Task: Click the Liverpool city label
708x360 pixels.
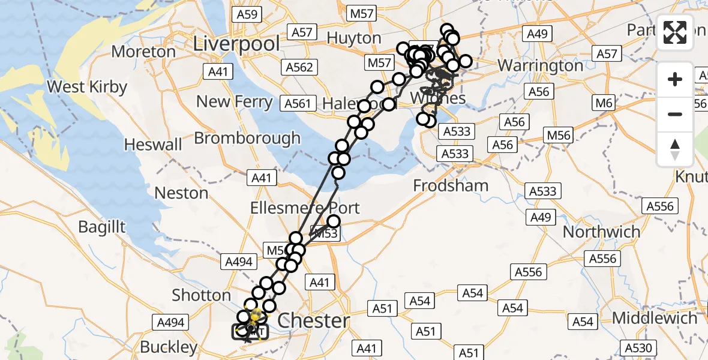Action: [236, 44]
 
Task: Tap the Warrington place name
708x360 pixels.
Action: [540, 65]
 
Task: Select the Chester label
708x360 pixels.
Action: [314, 320]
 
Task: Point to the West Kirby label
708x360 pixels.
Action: [87, 87]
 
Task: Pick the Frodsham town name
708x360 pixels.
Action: [451, 186]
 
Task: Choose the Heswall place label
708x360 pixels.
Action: [153, 145]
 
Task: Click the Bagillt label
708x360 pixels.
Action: [102, 226]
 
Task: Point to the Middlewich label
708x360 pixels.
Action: [655, 318]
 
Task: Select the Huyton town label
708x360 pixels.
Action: [354, 38]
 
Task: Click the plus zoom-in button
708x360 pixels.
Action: [675, 79]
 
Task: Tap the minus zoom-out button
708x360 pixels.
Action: [675, 114]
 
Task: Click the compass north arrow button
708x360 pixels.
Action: [675, 149]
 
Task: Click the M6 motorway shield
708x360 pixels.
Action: [604, 103]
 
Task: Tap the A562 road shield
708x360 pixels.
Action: [299, 67]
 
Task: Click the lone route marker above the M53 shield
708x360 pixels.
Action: [334, 222]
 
